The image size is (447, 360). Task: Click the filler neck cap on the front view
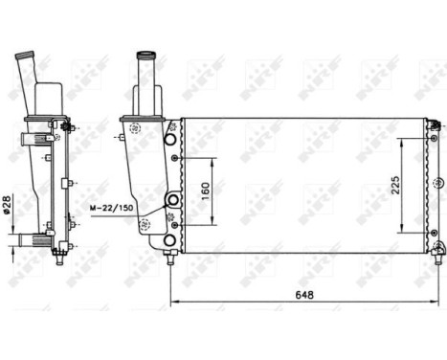point(147,56)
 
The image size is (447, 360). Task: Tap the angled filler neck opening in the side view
point(22,60)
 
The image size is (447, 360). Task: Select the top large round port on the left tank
point(171,141)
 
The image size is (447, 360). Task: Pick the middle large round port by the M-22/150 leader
point(172,200)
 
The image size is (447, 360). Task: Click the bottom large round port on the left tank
point(171,238)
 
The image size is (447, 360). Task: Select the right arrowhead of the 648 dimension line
point(438,304)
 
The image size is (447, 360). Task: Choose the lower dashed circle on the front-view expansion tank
point(145,226)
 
